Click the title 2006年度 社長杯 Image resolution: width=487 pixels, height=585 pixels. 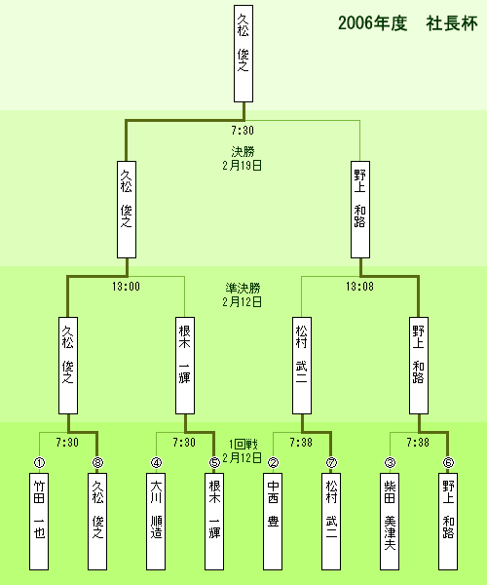point(408,23)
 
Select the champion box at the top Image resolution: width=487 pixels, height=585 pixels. point(243,54)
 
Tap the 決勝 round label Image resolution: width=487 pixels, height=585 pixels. point(243,151)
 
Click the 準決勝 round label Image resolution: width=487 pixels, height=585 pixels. point(243,288)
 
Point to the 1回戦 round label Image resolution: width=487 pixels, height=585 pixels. point(243,444)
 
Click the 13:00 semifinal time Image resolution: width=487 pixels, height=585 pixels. point(126,287)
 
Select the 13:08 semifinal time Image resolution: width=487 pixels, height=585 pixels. point(359,287)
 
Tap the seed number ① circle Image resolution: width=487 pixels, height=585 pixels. point(39,462)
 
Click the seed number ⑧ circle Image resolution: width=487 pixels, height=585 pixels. point(97,462)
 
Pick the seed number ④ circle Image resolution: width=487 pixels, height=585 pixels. point(156,462)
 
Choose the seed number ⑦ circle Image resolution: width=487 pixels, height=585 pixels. point(331,462)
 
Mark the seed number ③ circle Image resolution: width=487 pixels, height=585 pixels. point(390,462)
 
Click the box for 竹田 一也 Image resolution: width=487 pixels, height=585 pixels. point(39,522)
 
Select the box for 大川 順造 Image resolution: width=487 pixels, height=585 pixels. point(156,522)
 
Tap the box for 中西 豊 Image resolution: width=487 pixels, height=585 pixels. point(273,522)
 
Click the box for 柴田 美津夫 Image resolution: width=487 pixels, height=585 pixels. point(390,522)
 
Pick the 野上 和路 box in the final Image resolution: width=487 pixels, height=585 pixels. point(360,210)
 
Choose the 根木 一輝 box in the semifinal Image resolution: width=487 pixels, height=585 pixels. point(185,366)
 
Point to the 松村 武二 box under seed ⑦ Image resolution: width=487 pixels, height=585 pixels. point(331,522)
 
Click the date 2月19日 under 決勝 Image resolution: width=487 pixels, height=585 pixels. point(243,166)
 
